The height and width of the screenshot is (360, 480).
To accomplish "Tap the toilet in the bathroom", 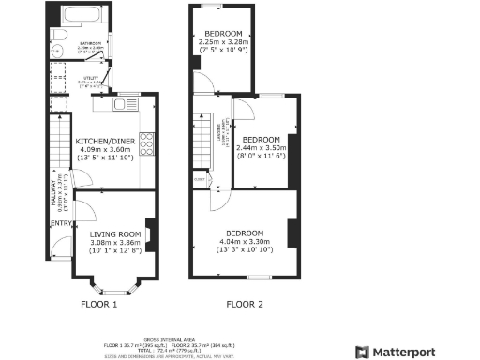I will click(58, 35).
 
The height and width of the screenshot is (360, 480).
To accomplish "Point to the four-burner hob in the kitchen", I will click(147, 143).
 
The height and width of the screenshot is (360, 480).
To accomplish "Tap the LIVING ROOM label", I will click(115, 233).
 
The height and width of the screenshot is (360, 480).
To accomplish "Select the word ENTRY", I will click(60, 223).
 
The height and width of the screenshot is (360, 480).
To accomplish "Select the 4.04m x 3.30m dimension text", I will click(244, 241).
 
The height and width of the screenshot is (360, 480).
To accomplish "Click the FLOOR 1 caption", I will click(98, 305).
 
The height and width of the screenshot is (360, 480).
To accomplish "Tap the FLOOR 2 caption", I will click(245, 305).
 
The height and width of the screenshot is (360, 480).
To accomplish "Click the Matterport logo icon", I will click(363, 351).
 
